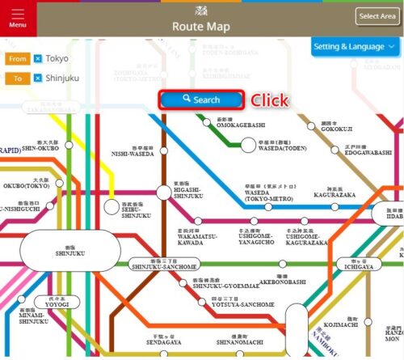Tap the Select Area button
[x=377, y=16]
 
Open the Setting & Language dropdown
[x=356, y=47]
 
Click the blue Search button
[x=201, y=100]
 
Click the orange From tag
[x=17, y=59]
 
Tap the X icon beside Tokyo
[x=37, y=59]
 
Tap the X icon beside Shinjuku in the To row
[x=37, y=78]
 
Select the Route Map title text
[x=201, y=27]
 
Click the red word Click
[x=269, y=100]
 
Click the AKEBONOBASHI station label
[x=282, y=283]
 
